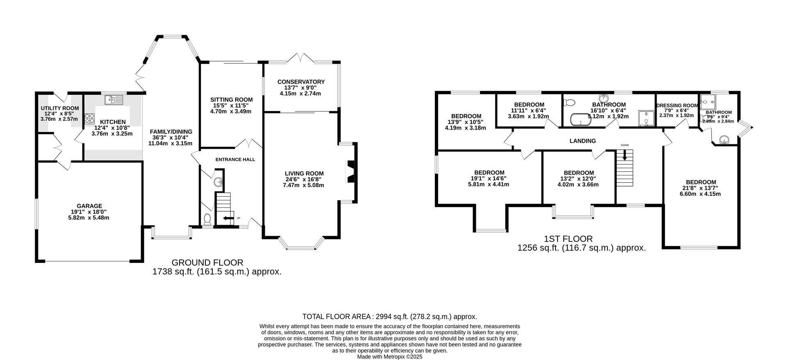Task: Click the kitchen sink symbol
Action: coord(114,99)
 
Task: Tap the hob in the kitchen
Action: coord(89,118)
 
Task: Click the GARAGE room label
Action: coord(89,206)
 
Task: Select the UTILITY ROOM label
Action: coord(60,108)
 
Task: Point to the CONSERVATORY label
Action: coord(301,82)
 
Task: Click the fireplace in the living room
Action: coord(350,171)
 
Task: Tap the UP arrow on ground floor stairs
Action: coord(227,218)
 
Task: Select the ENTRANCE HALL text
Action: coord(235,159)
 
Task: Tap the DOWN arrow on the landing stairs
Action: coord(625,155)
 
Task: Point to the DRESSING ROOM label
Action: coord(677,105)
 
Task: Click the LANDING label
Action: coord(582,141)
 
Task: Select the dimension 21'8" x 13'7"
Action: coord(701,188)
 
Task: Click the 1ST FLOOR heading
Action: coord(568,239)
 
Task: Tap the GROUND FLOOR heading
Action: coord(207,262)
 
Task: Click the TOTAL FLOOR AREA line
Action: coord(389,317)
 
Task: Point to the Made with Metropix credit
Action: coord(389,357)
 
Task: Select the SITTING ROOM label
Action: coord(232,100)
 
